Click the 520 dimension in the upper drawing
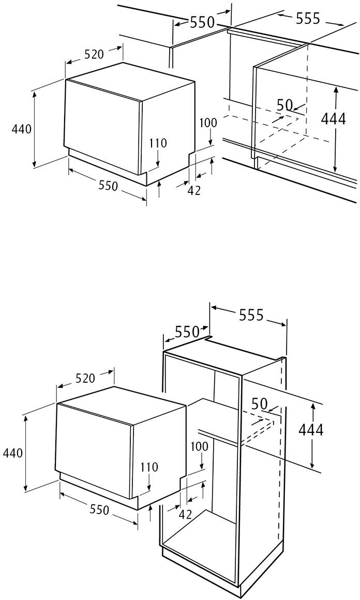pyautogui.click(x=94, y=54)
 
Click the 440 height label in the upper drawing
pyautogui.click(x=22, y=129)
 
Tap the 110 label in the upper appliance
pyautogui.click(x=158, y=143)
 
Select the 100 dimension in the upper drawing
pyautogui.click(x=208, y=123)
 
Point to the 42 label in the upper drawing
pyautogui.click(x=194, y=190)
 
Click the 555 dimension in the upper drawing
pyautogui.click(x=308, y=18)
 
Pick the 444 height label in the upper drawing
pyautogui.click(x=334, y=118)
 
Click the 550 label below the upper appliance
pyautogui.click(x=108, y=185)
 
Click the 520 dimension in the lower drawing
pyautogui.click(x=85, y=378)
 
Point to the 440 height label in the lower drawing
pyautogui.click(x=13, y=453)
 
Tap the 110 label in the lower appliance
pyautogui.click(x=149, y=467)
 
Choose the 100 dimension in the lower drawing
pyautogui.click(x=199, y=446)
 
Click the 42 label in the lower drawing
pyautogui.click(x=185, y=514)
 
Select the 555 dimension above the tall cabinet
pyautogui.click(x=252, y=314)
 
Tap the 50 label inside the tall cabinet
pyautogui.click(x=260, y=403)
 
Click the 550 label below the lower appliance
pyautogui.click(x=99, y=509)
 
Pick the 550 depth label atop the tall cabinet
pyautogui.click(x=187, y=332)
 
